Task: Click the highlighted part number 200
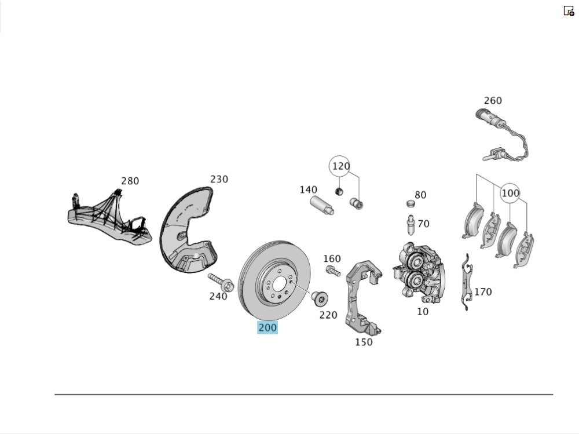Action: click(x=267, y=327)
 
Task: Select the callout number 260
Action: click(x=493, y=101)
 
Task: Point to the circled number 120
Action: click(x=340, y=167)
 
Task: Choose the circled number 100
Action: click(x=510, y=193)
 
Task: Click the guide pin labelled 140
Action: click(x=321, y=205)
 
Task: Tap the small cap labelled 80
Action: click(x=411, y=203)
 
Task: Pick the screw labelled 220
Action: click(x=320, y=298)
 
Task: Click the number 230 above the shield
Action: click(x=219, y=180)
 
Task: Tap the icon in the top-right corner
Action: click(x=569, y=10)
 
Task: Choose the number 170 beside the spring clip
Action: click(x=483, y=291)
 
